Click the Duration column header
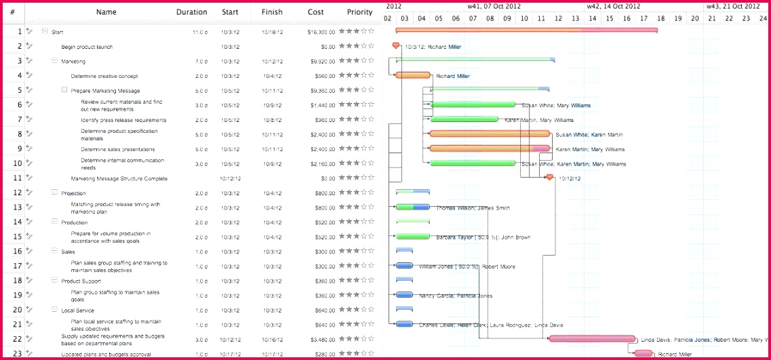(x=191, y=12)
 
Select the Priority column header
(x=359, y=12)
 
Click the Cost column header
(x=315, y=12)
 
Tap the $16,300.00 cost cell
(x=321, y=32)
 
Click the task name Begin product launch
(x=87, y=47)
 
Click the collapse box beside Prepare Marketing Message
(x=64, y=90)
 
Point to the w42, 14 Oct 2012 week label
(x=613, y=6)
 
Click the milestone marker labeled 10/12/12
(x=549, y=178)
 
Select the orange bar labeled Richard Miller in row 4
(x=413, y=75)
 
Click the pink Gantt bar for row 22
(x=592, y=338)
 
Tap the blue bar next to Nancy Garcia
(x=404, y=295)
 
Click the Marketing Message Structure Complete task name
(x=119, y=179)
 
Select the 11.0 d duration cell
(x=199, y=32)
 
